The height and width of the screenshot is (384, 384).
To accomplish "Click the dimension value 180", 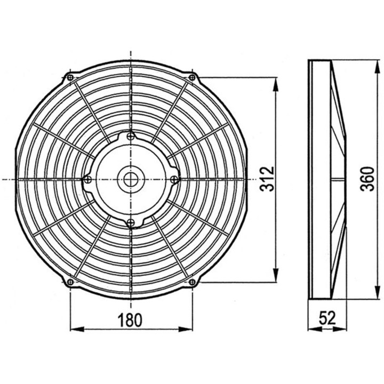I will [131, 320].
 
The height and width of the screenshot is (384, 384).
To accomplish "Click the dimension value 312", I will [268, 179].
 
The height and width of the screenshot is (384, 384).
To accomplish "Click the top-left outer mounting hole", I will [70, 78].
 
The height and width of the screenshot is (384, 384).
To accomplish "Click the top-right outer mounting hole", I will [192, 78].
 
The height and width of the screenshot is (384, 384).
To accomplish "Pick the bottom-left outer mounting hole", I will [70, 281].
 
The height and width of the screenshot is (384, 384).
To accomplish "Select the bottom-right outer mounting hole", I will [192, 281].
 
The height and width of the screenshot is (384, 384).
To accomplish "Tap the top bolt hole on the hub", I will [131, 137].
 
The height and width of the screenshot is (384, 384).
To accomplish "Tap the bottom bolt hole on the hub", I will [131, 222].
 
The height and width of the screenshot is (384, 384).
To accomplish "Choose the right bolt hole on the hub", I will [173, 180].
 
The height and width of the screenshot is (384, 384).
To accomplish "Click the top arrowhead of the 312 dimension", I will [275, 82].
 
